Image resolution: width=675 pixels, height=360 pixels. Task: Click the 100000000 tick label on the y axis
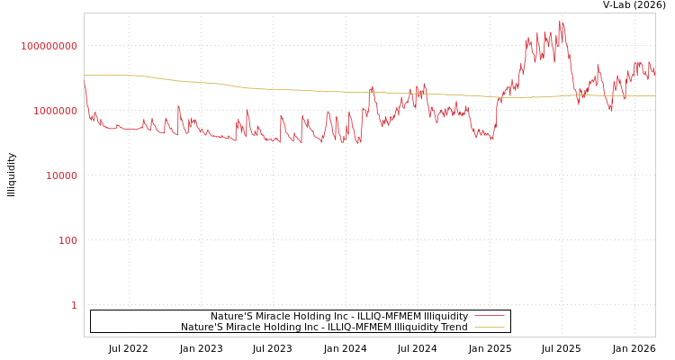(49, 46)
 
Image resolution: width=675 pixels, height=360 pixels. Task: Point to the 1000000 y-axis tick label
(56, 111)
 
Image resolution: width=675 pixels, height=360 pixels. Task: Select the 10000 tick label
(62, 175)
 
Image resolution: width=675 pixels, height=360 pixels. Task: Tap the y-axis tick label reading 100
(68, 240)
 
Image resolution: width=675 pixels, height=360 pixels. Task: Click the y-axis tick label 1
(74, 305)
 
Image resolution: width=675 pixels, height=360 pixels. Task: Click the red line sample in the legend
(489, 316)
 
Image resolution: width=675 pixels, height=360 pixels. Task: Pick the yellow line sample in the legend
(489, 327)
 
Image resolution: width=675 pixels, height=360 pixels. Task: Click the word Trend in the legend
(452, 327)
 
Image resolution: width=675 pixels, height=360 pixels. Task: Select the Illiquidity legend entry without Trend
(339, 316)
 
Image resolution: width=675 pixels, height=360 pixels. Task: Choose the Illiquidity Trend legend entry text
(324, 327)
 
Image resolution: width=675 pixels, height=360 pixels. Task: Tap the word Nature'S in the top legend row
(231, 316)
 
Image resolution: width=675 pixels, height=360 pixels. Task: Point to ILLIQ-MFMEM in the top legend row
(386, 316)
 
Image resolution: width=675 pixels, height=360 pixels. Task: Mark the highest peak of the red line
(561, 21)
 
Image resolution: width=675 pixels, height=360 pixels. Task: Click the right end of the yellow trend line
(654, 95)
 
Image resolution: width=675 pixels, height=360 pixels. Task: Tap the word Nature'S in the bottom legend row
(201, 327)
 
